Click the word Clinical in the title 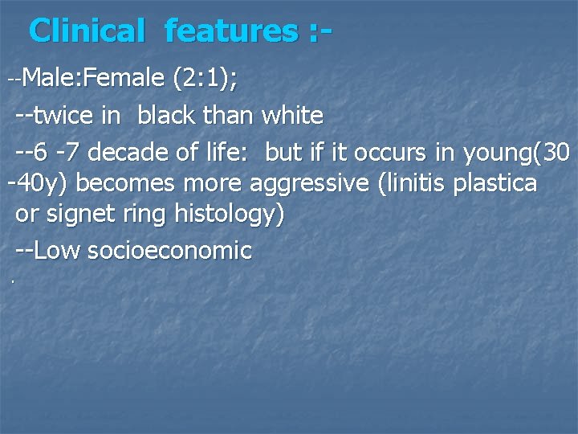coord(85,31)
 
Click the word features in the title coord(230,31)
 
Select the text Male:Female coord(93,79)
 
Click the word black coord(166,116)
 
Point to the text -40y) coord(38,183)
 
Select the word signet coord(77,215)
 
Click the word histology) coord(230,215)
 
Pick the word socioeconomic coord(169,251)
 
